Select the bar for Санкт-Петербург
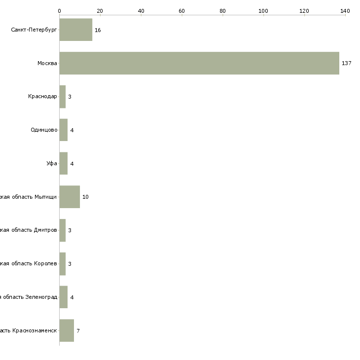coord(75,30)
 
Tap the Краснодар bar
coord(63,97)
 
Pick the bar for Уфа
coord(64,164)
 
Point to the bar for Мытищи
coord(70,197)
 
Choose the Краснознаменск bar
coord(67,330)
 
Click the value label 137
coord(346,63)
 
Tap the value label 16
coord(98,30)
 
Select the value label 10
coord(85,197)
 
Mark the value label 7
coord(78,330)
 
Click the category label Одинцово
coord(44,130)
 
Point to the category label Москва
coord(47,63)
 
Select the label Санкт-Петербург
coord(34,30)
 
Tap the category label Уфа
coord(52,164)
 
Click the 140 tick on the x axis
coord(345,10)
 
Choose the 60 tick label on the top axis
coord(181,10)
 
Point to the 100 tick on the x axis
coord(263,10)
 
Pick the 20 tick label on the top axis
coord(100,10)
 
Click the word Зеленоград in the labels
coord(41,297)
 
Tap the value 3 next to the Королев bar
coord(70,264)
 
